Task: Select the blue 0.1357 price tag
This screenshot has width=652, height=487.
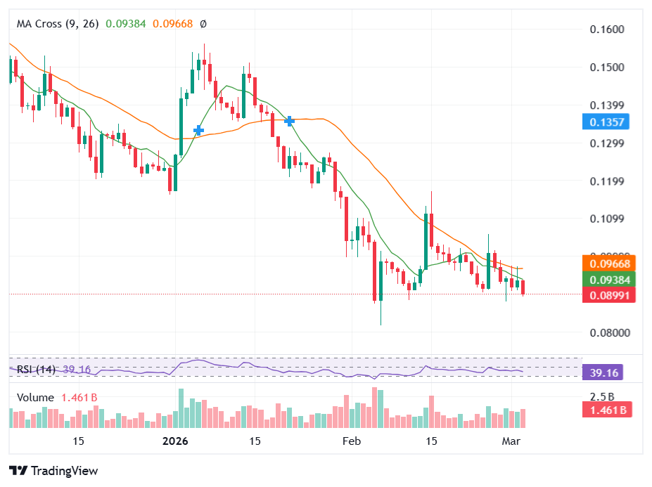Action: [605, 122]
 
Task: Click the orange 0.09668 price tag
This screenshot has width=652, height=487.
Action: [609, 263]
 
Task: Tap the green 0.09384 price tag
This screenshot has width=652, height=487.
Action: [609, 279]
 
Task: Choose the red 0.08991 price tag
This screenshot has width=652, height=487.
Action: [609, 295]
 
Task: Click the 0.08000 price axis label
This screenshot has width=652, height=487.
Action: [606, 333]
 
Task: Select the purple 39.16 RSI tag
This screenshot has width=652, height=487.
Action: [604, 372]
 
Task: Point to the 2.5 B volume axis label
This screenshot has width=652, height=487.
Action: [602, 396]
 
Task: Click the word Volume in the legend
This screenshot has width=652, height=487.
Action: [35, 398]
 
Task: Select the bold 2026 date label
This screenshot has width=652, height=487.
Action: [175, 441]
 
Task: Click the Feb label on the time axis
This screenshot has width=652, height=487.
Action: [351, 441]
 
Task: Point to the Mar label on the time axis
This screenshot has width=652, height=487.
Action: [511, 441]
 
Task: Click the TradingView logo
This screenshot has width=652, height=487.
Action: [53, 471]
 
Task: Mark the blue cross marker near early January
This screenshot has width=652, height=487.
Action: [198, 130]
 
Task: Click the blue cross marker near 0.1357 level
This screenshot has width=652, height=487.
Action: [289, 121]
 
